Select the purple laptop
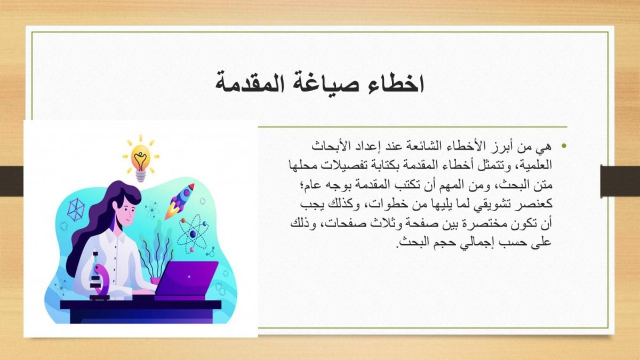pos(187,279)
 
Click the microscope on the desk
pos(100,276)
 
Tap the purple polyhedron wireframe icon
pos(76,210)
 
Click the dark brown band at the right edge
pos(620,181)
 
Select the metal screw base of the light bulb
pos(141,177)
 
